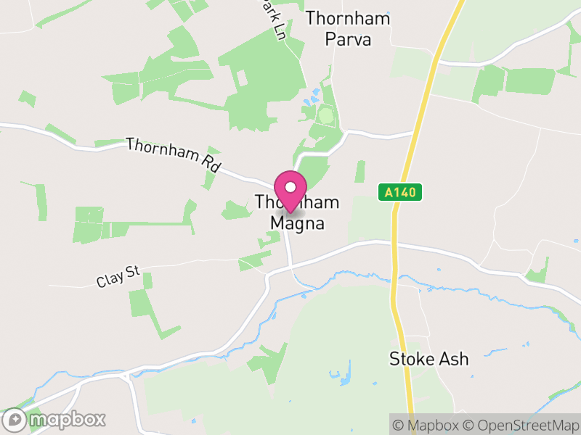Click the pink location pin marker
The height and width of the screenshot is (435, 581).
290,190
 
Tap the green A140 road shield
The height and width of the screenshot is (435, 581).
400,193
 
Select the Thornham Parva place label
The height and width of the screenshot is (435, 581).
348,28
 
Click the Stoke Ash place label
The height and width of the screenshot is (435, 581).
428,359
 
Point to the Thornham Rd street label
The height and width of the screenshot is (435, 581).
173,154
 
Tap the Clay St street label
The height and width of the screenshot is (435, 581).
118,275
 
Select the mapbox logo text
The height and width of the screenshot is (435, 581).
67,419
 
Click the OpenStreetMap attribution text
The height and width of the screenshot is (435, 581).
524,424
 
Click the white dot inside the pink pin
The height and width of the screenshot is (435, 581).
290,186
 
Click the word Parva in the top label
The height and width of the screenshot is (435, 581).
348,38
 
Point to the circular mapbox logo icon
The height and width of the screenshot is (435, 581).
16,419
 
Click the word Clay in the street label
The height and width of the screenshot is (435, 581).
108,278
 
